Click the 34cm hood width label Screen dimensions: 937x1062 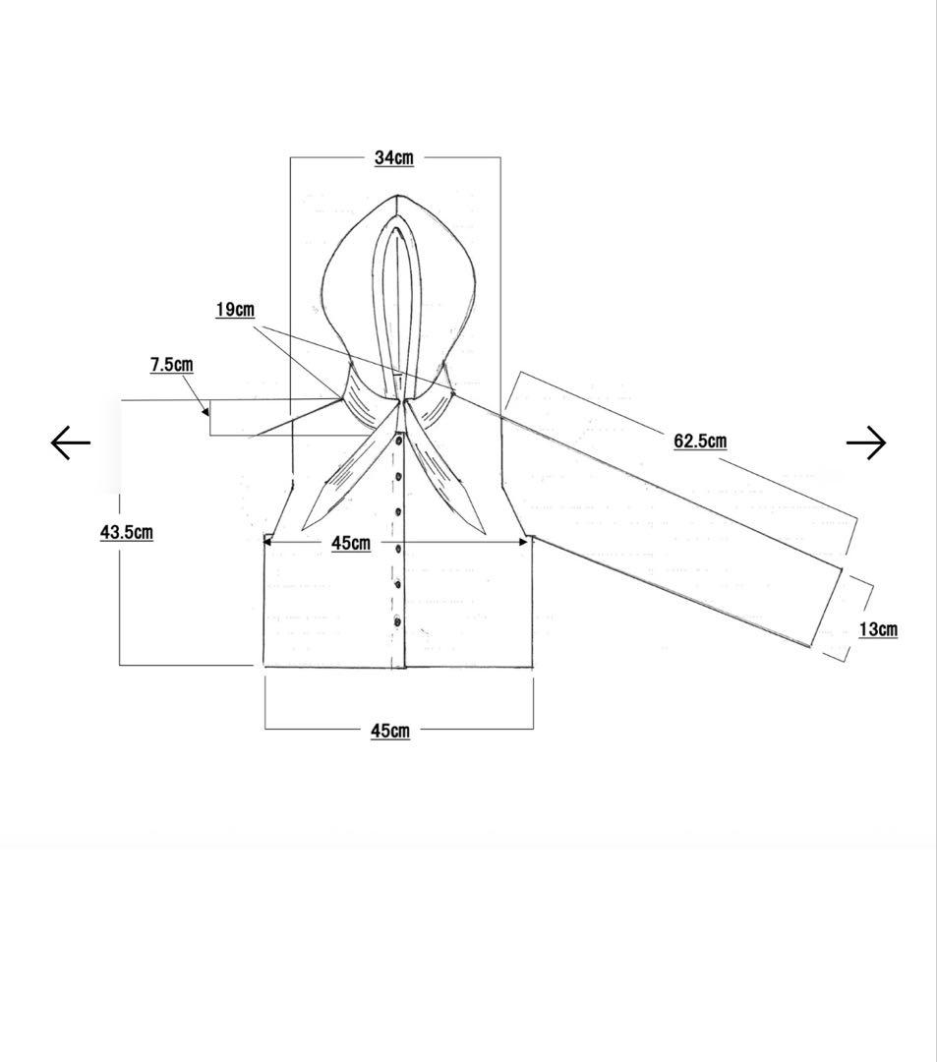click(x=394, y=157)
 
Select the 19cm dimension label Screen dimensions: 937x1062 click(x=236, y=310)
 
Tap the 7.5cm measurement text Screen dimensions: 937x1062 click(x=171, y=365)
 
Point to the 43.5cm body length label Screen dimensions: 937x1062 click(x=127, y=532)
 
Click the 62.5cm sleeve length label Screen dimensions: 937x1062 click(x=700, y=442)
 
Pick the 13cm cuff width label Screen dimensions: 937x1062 click(x=879, y=630)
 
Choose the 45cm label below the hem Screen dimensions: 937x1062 click(x=390, y=731)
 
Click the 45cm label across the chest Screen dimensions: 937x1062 click(x=351, y=543)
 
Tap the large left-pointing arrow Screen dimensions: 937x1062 click(x=71, y=442)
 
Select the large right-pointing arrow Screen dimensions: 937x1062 click(x=866, y=442)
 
